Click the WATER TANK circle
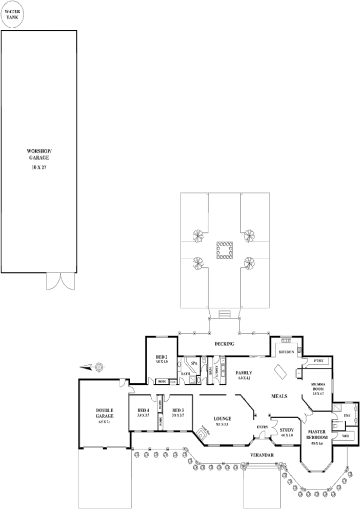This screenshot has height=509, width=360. coord(11,13)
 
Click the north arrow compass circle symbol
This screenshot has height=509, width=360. coord(99,366)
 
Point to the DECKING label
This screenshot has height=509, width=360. coord(224,344)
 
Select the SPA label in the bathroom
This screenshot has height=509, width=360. coord(194,363)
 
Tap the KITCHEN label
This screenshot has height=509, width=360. coord(286,351)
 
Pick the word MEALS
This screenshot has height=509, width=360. coord(279,396)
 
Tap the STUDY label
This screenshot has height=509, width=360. coord(287,429)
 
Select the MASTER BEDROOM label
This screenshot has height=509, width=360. coord(316,434)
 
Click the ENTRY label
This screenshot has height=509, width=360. coord(262,427)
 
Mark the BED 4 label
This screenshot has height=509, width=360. coord(143,410)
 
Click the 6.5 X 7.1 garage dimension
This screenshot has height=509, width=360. coord(104,421)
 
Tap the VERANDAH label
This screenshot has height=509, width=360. coord(261,455)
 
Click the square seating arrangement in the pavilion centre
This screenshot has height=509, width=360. coord(224,250)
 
